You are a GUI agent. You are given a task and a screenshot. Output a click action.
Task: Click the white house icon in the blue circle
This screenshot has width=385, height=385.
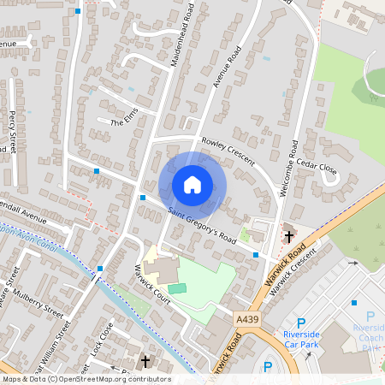point(192,184)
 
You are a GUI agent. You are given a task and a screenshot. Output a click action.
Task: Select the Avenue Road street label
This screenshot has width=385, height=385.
point(222,69)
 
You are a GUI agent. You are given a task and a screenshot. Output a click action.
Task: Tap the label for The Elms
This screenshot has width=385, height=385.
point(124,123)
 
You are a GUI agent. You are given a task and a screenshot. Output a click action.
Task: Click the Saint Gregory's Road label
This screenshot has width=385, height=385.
point(202,225)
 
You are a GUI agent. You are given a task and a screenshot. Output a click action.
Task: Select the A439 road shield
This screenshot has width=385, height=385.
point(246,319)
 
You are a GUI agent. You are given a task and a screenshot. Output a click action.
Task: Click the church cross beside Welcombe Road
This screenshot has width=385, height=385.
point(288,235)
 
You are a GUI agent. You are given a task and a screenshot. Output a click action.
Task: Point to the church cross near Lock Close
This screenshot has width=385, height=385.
point(145,362)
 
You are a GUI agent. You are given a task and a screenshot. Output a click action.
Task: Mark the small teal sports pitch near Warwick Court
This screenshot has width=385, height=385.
point(176,288)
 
